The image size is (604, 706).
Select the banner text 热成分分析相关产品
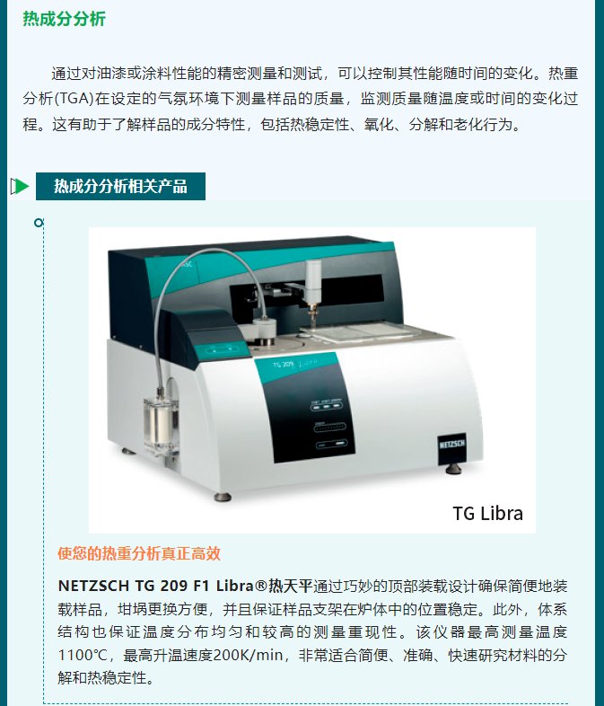click(x=120, y=186)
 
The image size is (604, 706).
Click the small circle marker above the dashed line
click(x=38, y=222)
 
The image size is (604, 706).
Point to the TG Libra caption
click(x=487, y=513)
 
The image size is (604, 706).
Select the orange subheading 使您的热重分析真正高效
click(x=139, y=553)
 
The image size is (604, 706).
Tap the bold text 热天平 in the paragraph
click(x=292, y=585)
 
